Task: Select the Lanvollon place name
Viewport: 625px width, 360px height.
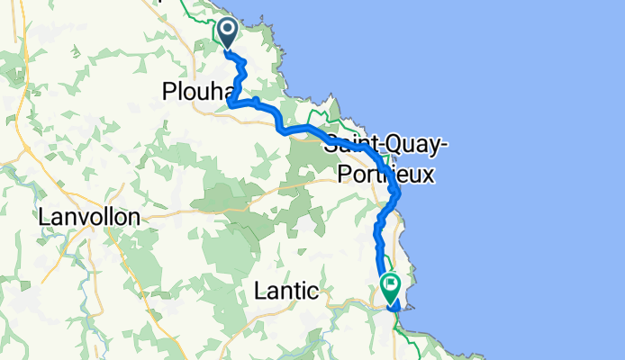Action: [89, 217]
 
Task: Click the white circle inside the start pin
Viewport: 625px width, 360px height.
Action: [226, 30]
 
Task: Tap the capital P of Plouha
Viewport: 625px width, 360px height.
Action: [168, 91]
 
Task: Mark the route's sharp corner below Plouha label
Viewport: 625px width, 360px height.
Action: [231, 104]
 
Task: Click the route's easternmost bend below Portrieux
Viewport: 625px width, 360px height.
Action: [398, 193]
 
